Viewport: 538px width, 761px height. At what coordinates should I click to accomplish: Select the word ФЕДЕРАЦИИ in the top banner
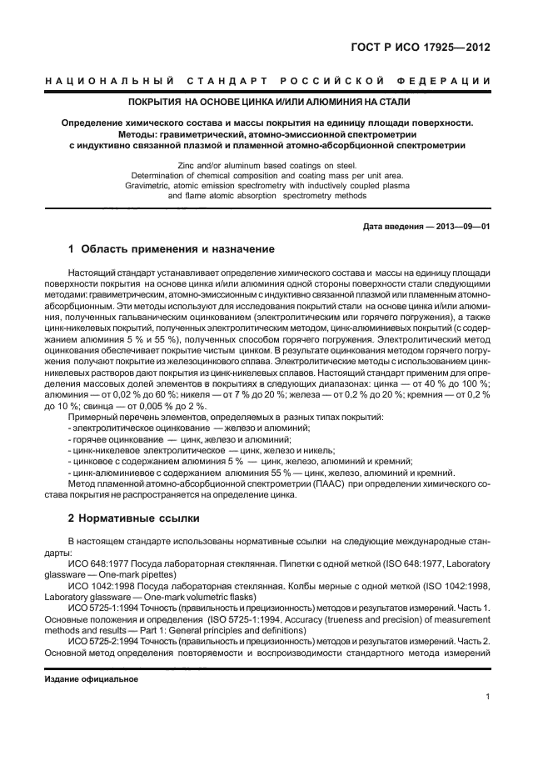click(448, 81)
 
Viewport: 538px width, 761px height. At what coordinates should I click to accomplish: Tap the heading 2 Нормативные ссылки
click(128, 518)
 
